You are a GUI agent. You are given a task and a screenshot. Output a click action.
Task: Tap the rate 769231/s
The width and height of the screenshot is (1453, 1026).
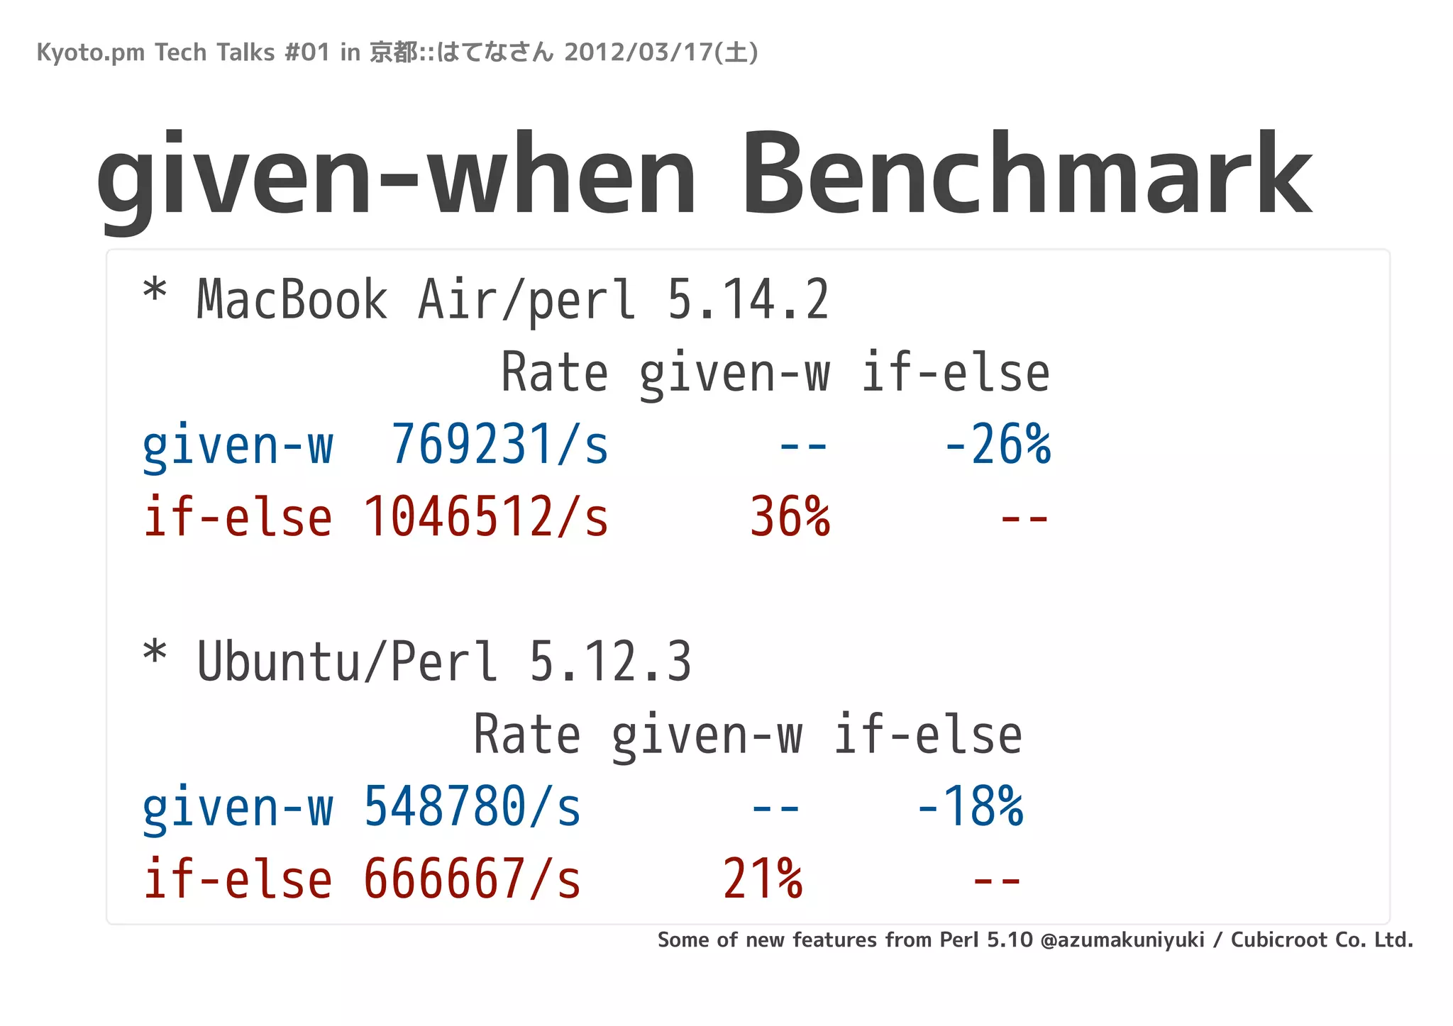(x=499, y=445)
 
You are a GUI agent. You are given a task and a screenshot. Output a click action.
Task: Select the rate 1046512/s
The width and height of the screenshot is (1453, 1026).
(x=486, y=517)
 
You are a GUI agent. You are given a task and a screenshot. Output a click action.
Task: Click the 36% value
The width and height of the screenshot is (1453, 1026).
(x=790, y=517)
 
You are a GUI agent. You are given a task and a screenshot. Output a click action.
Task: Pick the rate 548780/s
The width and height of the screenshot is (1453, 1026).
(x=472, y=807)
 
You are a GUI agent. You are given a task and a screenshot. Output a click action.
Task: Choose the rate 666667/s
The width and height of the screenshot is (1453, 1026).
(x=472, y=879)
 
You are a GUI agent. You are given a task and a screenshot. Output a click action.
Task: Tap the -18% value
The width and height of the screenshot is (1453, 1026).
(x=970, y=807)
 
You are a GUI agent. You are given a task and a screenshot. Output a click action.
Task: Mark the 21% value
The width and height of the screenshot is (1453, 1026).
(x=763, y=879)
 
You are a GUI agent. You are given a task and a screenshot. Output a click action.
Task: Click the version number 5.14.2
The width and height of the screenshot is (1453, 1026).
(x=748, y=300)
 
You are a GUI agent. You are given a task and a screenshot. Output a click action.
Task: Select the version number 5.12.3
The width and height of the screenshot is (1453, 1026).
(x=610, y=662)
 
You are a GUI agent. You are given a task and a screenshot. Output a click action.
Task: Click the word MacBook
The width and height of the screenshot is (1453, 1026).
(x=292, y=300)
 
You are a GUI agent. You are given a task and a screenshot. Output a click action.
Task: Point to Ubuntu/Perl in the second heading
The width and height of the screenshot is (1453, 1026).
(x=347, y=662)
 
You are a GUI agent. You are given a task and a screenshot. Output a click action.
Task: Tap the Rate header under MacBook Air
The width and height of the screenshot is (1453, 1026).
(x=554, y=373)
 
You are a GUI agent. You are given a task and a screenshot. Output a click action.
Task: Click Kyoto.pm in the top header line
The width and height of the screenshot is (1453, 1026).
(x=90, y=52)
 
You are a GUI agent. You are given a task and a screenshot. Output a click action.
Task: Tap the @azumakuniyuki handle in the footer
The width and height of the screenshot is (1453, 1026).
(x=1122, y=940)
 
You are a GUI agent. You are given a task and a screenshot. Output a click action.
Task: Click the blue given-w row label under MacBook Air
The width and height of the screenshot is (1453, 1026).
(x=237, y=445)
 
